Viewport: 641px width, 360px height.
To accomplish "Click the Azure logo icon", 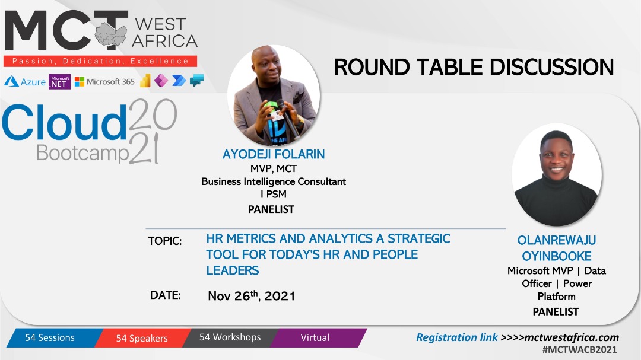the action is pyautogui.click(x=11, y=81).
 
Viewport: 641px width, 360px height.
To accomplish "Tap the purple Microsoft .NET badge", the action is pyautogui.click(x=59, y=82).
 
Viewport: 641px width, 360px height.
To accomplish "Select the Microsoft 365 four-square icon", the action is pyautogui.click(x=80, y=82).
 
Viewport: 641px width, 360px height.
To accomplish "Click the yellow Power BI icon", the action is pyautogui.click(x=145, y=81).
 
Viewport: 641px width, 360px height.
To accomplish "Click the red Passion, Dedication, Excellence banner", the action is pyautogui.click(x=100, y=61).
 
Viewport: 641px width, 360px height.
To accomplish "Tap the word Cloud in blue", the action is pyautogui.click(x=65, y=122).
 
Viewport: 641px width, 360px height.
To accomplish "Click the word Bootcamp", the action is pyautogui.click(x=82, y=154).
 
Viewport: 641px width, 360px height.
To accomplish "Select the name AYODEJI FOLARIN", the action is pyautogui.click(x=274, y=154).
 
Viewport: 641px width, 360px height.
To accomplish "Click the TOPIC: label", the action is pyautogui.click(x=165, y=241).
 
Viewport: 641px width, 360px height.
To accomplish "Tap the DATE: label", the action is pyautogui.click(x=165, y=295).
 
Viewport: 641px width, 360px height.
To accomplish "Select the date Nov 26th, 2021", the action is pyautogui.click(x=251, y=295).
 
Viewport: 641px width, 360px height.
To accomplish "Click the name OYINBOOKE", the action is pyautogui.click(x=556, y=256).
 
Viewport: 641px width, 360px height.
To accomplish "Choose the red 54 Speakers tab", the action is pyautogui.click(x=142, y=338).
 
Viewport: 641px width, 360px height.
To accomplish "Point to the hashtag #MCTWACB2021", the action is pyautogui.click(x=579, y=350).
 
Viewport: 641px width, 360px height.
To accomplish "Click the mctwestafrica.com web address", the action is pyautogui.click(x=572, y=337).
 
